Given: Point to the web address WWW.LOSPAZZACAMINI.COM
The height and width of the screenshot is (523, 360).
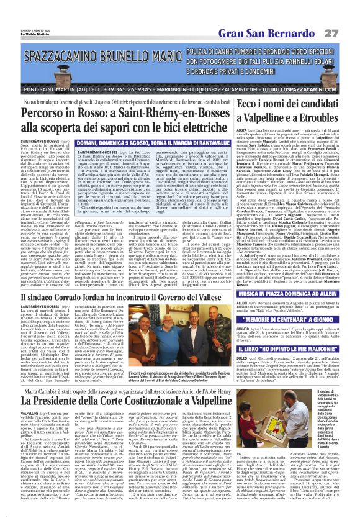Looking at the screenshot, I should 296,90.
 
